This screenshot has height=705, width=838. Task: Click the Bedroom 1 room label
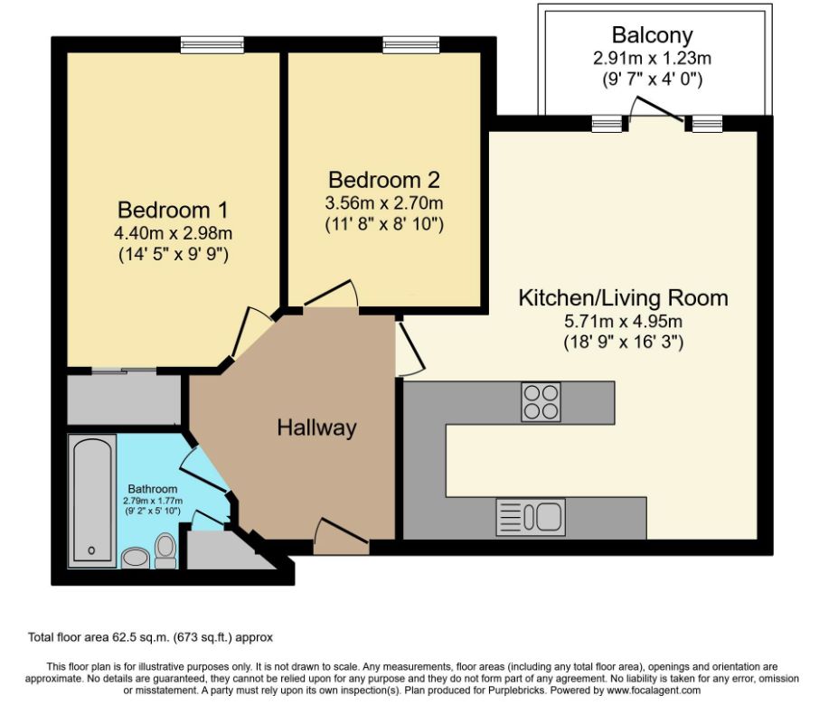coord(173,210)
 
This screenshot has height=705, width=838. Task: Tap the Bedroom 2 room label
coord(383,180)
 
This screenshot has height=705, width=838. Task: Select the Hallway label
coord(316,428)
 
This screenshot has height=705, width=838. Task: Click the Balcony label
coord(652,36)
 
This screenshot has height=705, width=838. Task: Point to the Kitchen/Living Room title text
coord(623,298)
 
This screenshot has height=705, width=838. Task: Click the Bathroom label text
coord(152,489)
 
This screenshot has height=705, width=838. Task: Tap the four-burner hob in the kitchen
coord(541,402)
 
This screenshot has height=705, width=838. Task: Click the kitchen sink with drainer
coord(531,517)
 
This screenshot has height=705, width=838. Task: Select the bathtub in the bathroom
coord(92,501)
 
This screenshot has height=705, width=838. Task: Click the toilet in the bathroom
coord(165,551)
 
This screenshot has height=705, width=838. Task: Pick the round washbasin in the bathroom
coord(135,559)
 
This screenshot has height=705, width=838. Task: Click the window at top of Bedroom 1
coord(212,45)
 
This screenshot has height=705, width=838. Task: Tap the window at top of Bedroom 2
coord(411,45)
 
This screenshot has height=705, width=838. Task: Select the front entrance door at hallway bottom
coord(341,535)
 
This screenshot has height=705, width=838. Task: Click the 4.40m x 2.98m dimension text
coord(173,233)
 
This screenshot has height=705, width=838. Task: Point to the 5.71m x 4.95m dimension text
coord(623,322)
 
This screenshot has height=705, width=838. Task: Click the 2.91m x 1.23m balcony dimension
coord(652,58)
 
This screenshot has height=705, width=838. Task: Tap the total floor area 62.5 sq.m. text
coord(150,637)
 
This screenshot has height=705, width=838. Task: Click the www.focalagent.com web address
coord(653,690)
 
